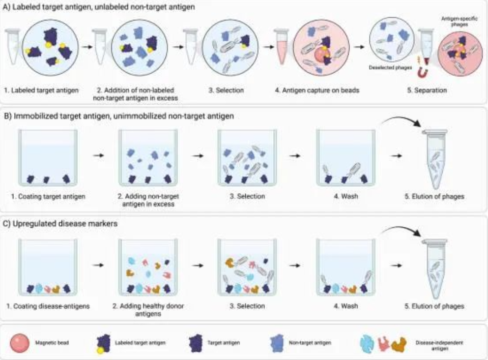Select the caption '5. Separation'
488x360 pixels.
click(x=428, y=91)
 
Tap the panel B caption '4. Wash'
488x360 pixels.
click(x=346, y=197)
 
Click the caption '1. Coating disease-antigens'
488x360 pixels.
click(x=46, y=306)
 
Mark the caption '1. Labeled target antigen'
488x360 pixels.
click(x=43, y=91)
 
